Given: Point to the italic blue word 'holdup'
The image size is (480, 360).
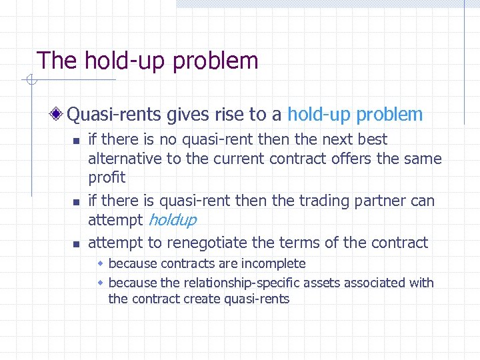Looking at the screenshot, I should tap(171, 220).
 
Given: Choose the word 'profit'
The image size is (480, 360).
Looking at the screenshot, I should tap(107, 178).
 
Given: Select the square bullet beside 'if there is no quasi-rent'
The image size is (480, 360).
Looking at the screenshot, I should tap(76, 141).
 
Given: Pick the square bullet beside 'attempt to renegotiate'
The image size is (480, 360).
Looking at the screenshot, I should tap(76, 244).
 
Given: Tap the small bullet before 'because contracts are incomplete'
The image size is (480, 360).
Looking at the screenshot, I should tap(101, 264).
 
